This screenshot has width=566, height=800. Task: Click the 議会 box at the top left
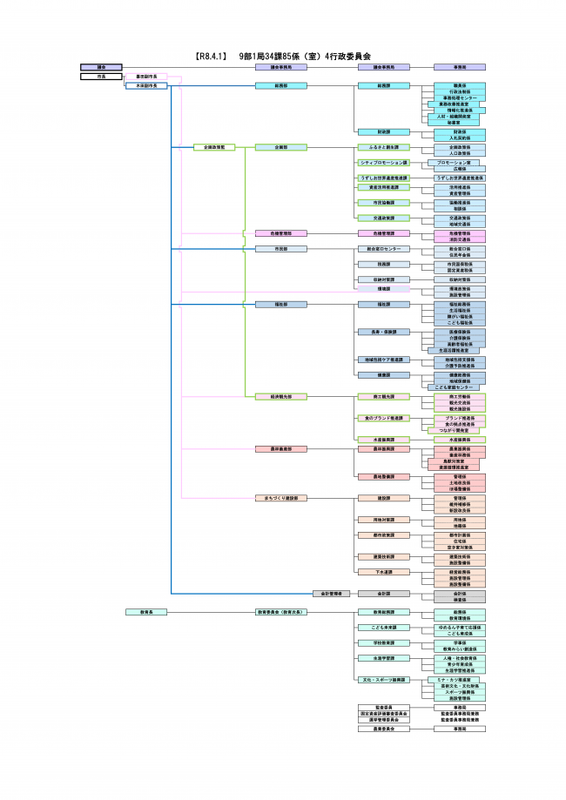102,66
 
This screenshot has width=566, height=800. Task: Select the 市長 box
102,77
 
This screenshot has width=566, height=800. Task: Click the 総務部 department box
280,86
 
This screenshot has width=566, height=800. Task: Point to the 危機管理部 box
280,233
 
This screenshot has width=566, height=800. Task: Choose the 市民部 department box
280,249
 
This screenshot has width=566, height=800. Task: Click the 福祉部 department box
280,305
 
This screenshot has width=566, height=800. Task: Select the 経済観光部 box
280,396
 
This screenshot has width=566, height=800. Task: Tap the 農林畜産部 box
280,448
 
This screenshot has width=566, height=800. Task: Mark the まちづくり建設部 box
280,498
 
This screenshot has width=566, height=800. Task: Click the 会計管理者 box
331,593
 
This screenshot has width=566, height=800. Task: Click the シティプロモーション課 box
383,163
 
